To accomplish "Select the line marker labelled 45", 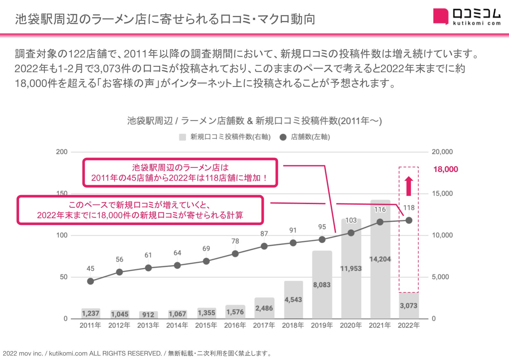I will [x=91, y=281].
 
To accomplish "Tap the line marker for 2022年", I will [x=409, y=220].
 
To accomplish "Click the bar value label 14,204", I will [x=380, y=259].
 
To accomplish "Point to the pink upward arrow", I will [x=409, y=186].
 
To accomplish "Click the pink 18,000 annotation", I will [x=445, y=169].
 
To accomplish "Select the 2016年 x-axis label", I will [x=235, y=325].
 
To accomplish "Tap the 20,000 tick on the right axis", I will [x=442, y=152].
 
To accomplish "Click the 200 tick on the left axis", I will [x=62, y=152].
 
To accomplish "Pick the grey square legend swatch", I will [x=183, y=137].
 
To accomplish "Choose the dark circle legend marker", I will [x=283, y=137].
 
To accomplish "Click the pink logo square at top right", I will [x=440, y=16].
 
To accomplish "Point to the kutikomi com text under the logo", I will [x=476, y=23].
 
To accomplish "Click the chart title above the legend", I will [x=254, y=121].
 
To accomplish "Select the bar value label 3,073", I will [x=409, y=306].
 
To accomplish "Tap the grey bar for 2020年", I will [x=351, y=289].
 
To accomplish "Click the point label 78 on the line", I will [x=235, y=241].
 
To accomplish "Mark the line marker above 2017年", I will [x=264, y=246].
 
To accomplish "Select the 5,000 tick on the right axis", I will [x=440, y=277].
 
